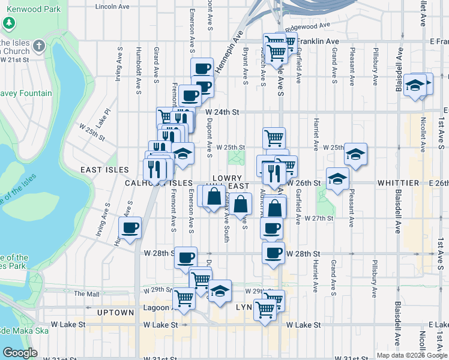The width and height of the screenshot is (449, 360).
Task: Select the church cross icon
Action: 39,46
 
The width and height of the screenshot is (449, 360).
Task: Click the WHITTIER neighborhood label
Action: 398,182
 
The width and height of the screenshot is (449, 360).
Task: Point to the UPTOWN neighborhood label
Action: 115,313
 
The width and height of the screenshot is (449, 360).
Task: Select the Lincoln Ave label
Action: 112,7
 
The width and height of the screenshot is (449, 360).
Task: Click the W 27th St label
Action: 318,218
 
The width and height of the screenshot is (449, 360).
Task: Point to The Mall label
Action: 86,294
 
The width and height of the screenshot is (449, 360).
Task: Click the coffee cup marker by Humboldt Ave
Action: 130,227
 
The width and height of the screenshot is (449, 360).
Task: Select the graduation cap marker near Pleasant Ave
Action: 355,155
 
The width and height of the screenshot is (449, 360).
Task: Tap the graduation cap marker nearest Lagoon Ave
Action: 220,291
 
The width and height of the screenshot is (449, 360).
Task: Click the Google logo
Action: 20,353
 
